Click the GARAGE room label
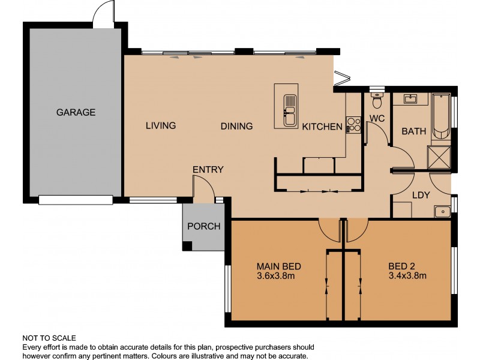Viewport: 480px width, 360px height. click(76, 112)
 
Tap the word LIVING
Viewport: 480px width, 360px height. click(161, 126)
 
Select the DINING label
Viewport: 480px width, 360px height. click(236, 127)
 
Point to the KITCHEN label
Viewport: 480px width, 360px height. click(322, 127)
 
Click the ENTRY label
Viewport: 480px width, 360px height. click(208, 170)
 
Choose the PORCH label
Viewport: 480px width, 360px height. click(204, 227)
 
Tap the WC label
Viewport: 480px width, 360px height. click(377, 118)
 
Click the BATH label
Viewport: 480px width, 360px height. click(413, 131)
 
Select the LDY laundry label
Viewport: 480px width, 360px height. click(421, 195)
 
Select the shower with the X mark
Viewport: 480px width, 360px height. click(440, 157)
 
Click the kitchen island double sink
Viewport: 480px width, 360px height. click(290, 110)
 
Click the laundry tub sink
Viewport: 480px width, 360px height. click(442, 211)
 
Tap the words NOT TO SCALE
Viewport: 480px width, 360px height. click(49, 338)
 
